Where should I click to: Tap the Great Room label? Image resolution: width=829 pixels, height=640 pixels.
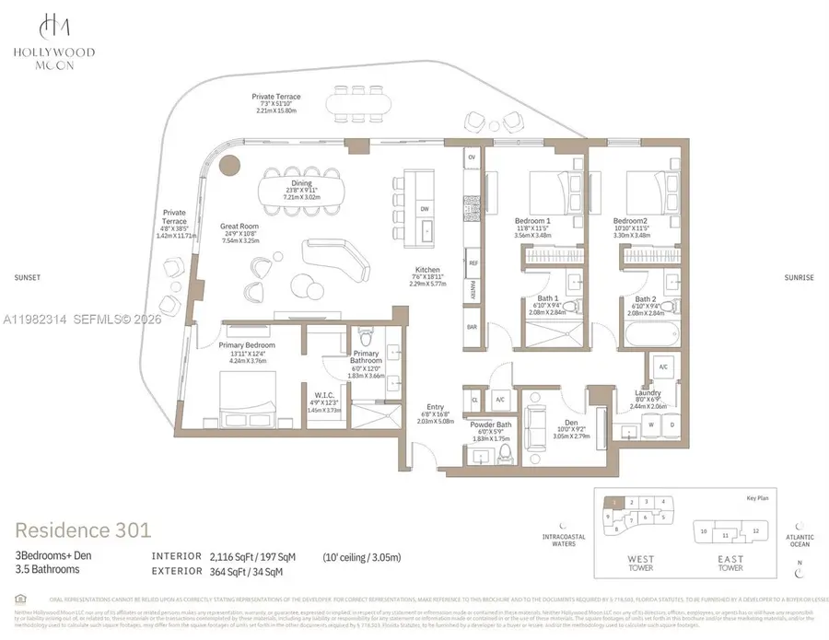pos(239,226)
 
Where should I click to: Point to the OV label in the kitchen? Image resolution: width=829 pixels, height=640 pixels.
pos(473,157)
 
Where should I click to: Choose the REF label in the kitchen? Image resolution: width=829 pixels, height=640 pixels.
pos(473,262)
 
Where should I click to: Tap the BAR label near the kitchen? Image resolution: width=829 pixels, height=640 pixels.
pos(473,327)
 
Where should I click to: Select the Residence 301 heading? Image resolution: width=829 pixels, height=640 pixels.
pos(83,530)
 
